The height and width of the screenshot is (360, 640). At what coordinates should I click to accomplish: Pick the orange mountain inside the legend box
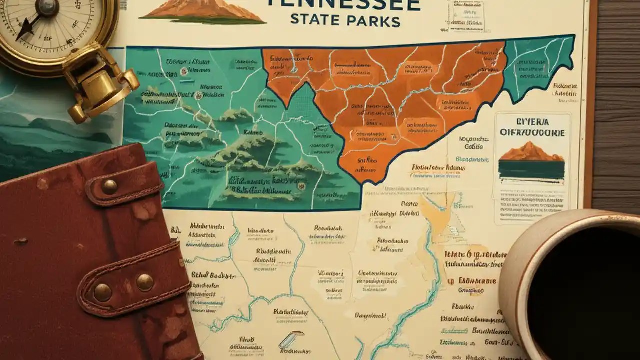tap(531, 152)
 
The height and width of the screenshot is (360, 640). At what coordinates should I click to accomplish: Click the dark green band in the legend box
tap(531, 170)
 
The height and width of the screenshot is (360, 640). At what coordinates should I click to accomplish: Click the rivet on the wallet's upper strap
tap(109, 187)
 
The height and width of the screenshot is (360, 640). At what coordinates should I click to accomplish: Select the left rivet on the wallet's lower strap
tap(102, 292)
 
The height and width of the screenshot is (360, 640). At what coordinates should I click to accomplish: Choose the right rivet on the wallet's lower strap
tap(145, 282)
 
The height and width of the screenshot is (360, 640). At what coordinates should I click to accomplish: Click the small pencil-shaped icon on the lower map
tap(291, 339)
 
